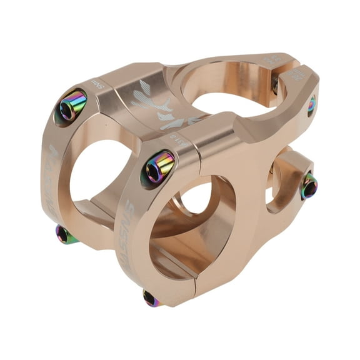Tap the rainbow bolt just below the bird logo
(x=159, y=167)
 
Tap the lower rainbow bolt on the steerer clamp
(x=309, y=185)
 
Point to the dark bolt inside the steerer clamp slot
(x=276, y=86)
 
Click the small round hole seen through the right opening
(x=197, y=199)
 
